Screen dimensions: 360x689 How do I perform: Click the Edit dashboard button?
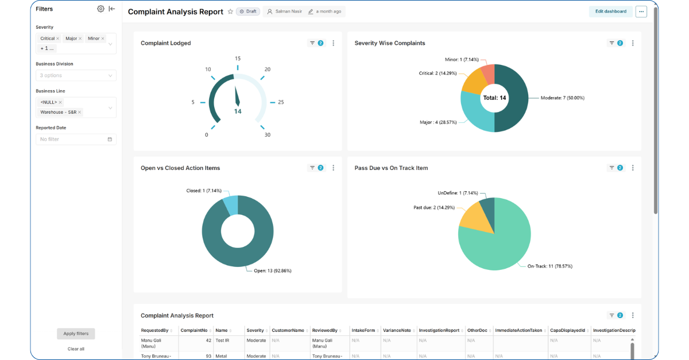(610, 11)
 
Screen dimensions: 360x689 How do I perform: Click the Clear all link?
(76, 349)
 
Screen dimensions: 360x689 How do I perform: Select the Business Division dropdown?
(76, 75)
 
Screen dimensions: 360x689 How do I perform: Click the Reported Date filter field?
(76, 139)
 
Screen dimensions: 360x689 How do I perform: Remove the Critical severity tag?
(58, 38)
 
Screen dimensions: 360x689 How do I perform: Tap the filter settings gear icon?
(100, 9)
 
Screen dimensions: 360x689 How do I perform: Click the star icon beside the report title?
(230, 11)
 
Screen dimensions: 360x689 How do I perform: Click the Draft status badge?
(248, 11)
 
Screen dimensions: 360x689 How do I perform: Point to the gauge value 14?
(238, 111)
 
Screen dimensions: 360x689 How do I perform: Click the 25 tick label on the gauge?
(281, 102)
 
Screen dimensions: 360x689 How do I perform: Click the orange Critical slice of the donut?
(474, 83)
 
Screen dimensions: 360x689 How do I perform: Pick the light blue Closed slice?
(231, 204)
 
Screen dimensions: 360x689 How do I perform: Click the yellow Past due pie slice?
(475, 220)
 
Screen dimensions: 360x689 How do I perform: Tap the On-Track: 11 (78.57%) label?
(549, 266)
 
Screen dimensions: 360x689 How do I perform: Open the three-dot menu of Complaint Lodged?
(333, 43)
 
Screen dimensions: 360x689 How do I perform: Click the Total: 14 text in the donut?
(494, 98)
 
